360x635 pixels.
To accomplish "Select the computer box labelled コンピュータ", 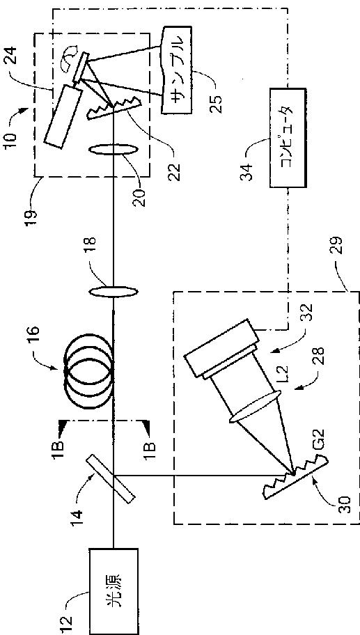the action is click(x=288, y=138).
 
